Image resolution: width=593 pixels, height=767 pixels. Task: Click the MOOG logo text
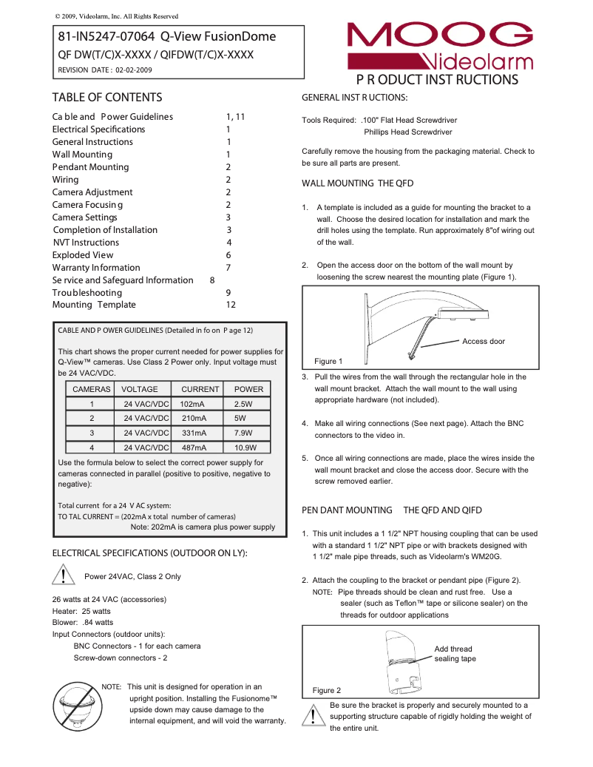(439, 36)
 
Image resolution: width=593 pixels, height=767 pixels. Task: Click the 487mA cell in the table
(194, 447)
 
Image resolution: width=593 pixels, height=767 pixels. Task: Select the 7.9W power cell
(243, 433)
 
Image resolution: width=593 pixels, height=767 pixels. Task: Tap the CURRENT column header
(200, 389)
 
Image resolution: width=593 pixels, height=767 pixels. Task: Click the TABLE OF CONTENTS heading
(107, 98)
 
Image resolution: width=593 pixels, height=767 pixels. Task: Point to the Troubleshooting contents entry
(87, 293)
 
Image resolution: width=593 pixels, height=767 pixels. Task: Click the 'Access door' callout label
(484, 342)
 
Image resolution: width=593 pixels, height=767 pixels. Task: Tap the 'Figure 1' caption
(329, 362)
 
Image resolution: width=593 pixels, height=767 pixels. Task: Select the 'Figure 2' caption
(327, 690)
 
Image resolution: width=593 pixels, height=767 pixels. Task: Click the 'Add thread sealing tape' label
(455, 654)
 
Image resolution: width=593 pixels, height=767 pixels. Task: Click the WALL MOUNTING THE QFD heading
(357, 183)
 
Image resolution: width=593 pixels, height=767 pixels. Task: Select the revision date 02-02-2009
(134, 70)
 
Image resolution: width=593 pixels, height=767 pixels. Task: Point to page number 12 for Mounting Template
(231, 305)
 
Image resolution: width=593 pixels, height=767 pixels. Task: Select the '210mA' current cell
(194, 418)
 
